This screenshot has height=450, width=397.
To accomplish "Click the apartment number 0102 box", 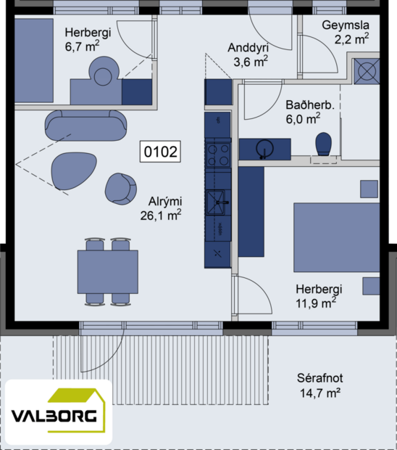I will coord(161,152).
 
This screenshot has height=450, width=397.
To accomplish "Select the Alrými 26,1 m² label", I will coord(161,208).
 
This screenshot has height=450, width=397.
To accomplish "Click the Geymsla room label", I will coord(346,32).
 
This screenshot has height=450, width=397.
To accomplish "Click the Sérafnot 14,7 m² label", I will coord(319,385).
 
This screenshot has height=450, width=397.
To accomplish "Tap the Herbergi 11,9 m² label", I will coord(318,295).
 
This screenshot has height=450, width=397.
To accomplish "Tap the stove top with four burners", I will coord(218,155).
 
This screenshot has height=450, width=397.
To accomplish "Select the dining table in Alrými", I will coord(108,271).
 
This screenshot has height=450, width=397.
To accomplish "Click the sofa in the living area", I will coord(85,125).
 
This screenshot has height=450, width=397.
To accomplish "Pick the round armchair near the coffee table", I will coord(120,188).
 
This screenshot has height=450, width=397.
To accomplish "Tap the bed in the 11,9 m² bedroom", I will coord(336,237).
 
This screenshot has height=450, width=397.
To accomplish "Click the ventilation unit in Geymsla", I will coord(367,72).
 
